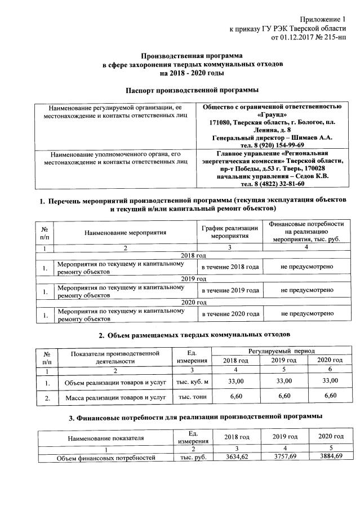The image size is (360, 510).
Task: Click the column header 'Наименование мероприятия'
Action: tap(126, 232)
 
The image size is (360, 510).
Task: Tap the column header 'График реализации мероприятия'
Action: tap(230, 232)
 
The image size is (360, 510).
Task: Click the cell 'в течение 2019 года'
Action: tap(230, 290)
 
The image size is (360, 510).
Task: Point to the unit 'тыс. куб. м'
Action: tap(193, 382)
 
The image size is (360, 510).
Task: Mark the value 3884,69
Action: tap(331, 457)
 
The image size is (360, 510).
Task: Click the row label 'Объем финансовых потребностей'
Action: tap(106, 458)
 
